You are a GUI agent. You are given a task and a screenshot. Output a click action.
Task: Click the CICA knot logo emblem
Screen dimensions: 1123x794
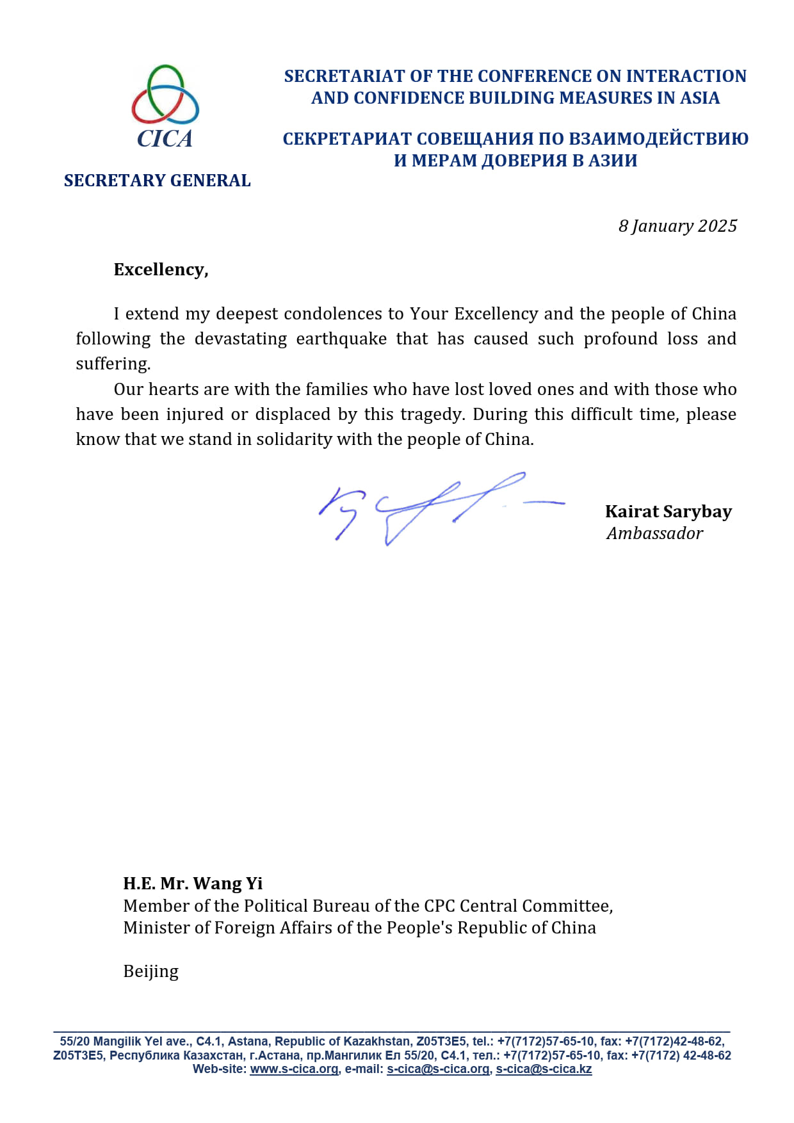point(165,95)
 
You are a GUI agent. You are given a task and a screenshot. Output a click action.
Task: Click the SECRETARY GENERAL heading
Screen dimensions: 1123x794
point(157,181)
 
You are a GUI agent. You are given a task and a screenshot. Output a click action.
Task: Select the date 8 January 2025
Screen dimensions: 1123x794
point(677,226)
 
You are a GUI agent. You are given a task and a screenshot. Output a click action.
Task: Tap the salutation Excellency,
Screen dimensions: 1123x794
point(161,270)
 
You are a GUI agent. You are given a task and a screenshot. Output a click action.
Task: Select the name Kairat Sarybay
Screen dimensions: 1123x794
point(668,512)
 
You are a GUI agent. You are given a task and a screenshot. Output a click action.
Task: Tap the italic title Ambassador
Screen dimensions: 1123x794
point(654,533)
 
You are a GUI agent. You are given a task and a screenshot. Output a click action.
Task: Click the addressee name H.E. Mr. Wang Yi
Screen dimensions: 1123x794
point(193,884)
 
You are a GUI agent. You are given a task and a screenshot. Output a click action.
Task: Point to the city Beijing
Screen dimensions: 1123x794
point(150,971)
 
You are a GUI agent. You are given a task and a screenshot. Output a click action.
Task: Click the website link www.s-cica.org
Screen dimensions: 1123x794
point(294,1069)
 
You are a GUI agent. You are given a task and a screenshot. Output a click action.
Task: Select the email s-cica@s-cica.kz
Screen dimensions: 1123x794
point(544,1069)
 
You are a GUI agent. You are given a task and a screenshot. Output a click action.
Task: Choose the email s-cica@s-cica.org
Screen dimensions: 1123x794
point(438,1069)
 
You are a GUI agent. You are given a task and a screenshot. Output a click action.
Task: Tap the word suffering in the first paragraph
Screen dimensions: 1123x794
point(113,364)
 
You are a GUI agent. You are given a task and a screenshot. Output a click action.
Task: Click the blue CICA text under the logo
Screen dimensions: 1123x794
point(165,139)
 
